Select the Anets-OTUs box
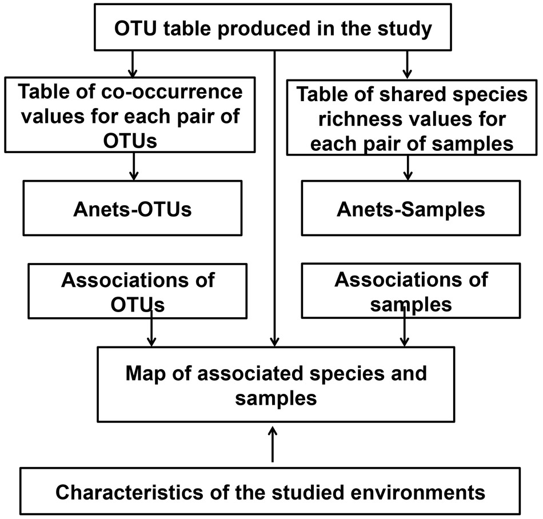[132, 208]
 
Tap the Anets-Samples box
[410, 208]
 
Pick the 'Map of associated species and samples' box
[276, 385]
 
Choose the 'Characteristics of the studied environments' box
[270, 492]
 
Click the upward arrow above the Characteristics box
[273, 443]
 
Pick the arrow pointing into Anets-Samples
[408, 167]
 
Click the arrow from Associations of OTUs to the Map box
[151, 329]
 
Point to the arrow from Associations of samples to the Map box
[405, 329]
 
